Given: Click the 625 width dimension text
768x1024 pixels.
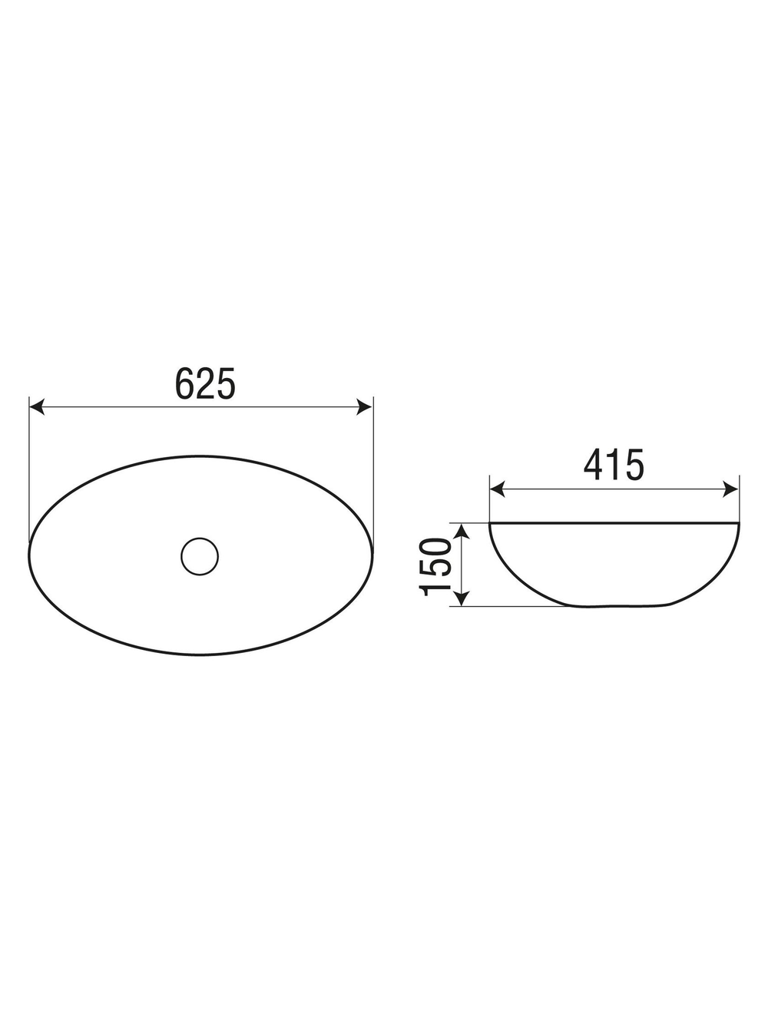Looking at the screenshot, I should [205, 383].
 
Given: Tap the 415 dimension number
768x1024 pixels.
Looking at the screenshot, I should [614, 465].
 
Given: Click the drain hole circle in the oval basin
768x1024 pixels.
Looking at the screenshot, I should [200, 555].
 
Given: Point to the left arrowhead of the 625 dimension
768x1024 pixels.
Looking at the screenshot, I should [36, 407].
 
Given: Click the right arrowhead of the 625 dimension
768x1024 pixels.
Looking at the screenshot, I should [365, 407].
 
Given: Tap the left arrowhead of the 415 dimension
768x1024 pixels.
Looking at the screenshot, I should [498, 489].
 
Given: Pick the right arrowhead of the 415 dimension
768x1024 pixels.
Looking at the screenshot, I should [731, 489].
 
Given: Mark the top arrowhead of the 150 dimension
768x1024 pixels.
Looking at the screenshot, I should [461, 530].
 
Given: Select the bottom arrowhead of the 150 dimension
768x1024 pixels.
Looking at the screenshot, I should [461, 600].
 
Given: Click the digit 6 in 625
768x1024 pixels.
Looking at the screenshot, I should [185, 383].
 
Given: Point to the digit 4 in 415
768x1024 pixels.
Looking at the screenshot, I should [594, 465].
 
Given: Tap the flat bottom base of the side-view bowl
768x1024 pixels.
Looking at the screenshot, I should [619, 607].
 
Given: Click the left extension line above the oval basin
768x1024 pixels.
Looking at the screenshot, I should [29, 461].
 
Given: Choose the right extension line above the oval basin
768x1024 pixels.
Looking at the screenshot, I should [372, 461].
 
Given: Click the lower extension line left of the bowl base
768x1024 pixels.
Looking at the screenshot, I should [515, 607].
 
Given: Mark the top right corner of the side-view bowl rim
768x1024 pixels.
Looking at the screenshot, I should [738, 524].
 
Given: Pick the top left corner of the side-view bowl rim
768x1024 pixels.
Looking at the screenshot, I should [491, 524].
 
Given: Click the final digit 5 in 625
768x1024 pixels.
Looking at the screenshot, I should [225, 383].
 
